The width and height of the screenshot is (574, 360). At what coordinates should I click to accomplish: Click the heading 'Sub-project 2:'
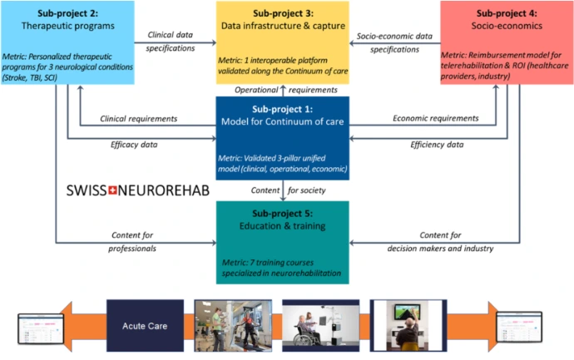pyautogui.click(x=67, y=13)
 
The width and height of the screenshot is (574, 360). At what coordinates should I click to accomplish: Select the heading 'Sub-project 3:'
pyautogui.click(x=283, y=13)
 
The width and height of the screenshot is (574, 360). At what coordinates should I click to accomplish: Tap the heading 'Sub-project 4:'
pyautogui.click(x=507, y=13)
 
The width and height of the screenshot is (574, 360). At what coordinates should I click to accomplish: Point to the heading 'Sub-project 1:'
pyautogui.click(x=282, y=109)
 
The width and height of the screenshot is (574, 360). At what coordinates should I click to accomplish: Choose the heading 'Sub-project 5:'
pyautogui.click(x=282, y=214)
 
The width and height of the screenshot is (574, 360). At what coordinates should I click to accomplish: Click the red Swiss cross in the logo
pyautogui.click(x=113, y=190)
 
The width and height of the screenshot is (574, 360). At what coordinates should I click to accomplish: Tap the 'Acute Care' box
pyautogui.click(x=145, y=326)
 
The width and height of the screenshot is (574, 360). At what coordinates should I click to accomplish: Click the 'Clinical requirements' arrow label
pyautogui.click(x=138, y=119)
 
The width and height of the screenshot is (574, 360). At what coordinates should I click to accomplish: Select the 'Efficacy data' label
pyautogui.click(x=134, y=145)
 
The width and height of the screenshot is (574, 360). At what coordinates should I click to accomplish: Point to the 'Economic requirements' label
pyautogui.click(x=436, y=118)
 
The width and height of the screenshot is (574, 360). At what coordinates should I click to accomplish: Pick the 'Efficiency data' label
pyautogui.click(x=437, y=145)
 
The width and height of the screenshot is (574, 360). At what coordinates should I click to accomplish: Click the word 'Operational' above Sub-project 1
pyautogui.click(x=256, y=90)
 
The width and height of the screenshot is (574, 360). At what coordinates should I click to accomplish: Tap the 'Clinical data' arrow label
pyautogui.click(x=170, y=35)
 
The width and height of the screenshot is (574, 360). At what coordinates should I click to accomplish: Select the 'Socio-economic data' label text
pyautogui.click(x=394, y=37)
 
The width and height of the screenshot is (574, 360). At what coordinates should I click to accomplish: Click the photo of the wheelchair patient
pyautogui.click(x=320, y=326)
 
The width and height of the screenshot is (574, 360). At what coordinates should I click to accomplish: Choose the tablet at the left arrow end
pyautogui.click(x=41, y=328)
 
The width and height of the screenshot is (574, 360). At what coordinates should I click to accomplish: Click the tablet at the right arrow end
pyautogui.click(x=519, y=327)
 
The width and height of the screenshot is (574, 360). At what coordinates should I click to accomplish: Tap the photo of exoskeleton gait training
pyautogui.click(x=233, y=326)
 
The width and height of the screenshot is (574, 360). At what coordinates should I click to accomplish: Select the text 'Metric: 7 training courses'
pyautogui.click(x=268, y=263)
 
